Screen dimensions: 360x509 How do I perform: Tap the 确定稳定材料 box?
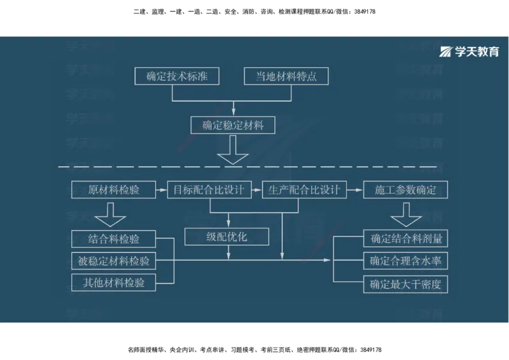232,125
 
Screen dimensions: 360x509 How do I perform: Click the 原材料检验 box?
113,190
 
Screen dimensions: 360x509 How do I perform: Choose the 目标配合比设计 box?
209,190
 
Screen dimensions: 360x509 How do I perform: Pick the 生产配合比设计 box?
304,190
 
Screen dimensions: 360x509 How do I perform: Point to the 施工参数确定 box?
405,190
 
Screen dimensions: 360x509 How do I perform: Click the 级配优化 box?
227,237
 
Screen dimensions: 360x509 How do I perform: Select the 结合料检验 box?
113,239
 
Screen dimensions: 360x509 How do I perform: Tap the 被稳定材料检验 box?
113,261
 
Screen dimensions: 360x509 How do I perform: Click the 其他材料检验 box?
113,283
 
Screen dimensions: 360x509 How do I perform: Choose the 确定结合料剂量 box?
405,239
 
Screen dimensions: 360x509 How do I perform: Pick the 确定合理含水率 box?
405,261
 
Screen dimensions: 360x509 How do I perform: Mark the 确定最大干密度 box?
405,284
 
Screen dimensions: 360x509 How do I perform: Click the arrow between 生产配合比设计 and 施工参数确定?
354,190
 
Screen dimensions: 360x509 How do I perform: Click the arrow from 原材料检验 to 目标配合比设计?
161,190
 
